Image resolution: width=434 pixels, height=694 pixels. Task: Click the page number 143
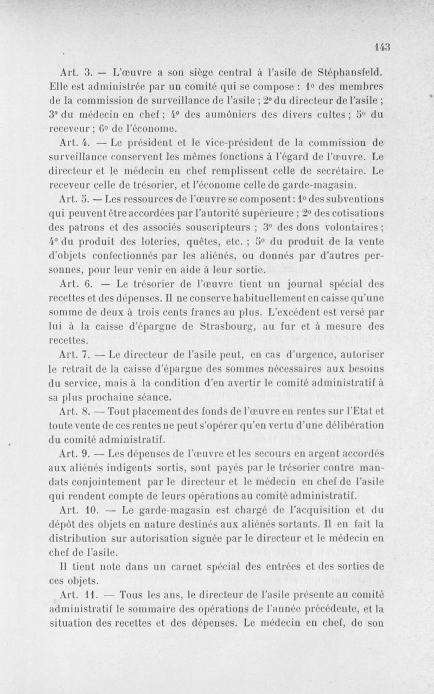pos(382,47)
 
